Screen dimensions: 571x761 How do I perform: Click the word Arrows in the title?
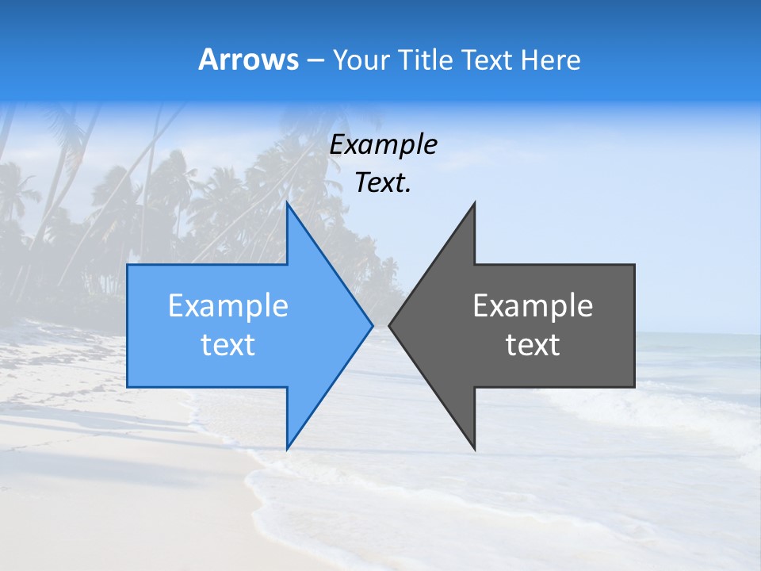pos(248,59)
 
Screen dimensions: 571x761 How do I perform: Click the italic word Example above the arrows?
pos(383,144)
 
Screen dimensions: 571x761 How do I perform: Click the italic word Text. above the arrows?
pos(383,183)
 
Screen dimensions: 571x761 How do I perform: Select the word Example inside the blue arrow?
pos(228,305)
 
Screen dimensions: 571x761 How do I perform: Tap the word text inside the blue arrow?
pos(228,345)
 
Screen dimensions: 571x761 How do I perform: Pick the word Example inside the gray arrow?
pos(533,305)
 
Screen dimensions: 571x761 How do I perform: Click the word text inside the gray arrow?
pos(533,345)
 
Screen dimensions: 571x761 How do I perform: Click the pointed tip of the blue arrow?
pos(373,325)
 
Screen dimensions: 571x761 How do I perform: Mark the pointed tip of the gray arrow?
pos(389,325)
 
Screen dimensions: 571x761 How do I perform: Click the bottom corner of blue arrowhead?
pos(287,449)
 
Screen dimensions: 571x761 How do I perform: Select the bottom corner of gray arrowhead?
pos(475,450)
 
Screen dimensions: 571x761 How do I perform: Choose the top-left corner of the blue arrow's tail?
pos(128,265)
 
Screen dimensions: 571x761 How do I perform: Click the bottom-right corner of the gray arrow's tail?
pos(634,387)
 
